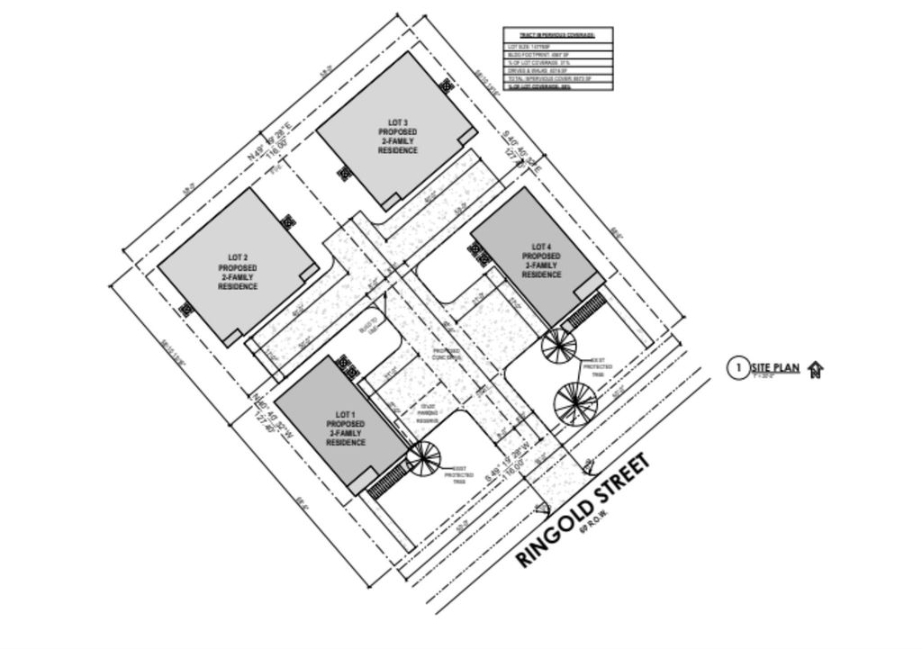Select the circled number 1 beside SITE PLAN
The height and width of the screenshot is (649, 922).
pyautogui.click(x=737, y=367)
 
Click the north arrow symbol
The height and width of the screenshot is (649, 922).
pyautogui.click(x=816, y=368)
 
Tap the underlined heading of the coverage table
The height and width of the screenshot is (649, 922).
pyautogui.click(x=557, y=34)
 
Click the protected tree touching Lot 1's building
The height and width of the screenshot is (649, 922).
pyautogui.click(x=421, y=457)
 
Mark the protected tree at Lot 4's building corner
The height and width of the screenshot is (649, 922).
pyautogui.click(x=556, y=345)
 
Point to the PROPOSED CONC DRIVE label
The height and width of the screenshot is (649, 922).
pyautogui.click(x=447, y=354)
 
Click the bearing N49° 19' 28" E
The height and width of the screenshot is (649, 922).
pyautogui.click(x=274, y=141)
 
